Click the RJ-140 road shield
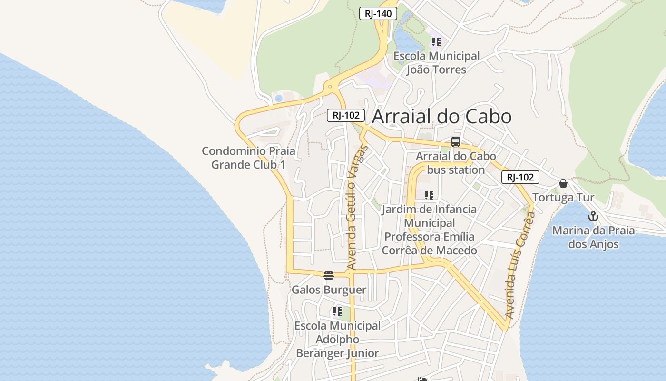(x=378, y=14)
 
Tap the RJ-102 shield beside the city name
(x=346, y=115)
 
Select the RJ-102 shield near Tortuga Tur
(x=520, y=178)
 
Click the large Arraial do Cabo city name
(x=441, y=117)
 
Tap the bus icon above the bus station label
(x=456, y=142)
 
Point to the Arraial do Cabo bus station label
(x=456, y=163)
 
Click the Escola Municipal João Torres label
(x=436, y=63)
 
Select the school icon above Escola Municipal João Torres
(x=436, y=42)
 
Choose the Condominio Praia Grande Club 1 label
(x=248, y=158)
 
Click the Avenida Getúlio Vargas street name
(x=357, y=208)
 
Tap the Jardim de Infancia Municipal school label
(x=429, y=230)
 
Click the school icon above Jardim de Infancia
(x=429, y=195)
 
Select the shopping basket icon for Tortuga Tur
(x=563, y=183)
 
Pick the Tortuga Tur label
(x=563, y=197)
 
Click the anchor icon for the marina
(x=593, y=217)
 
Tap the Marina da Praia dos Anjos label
(x=593, y=237)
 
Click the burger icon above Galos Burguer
(x=328, y=275)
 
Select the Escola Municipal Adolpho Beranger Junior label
(x=337, y=340)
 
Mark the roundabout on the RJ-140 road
(x=330, y=87)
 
